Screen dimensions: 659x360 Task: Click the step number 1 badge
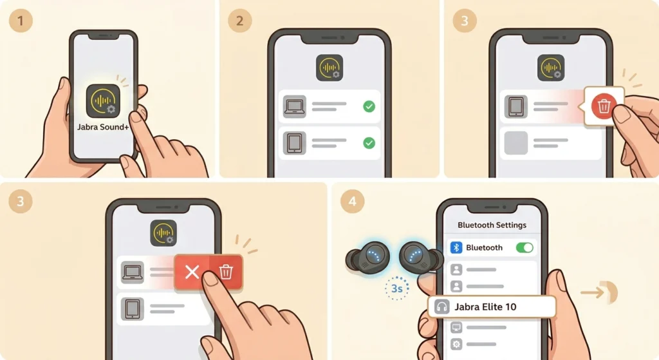pos(21,20)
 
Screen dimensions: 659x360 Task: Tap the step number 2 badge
pos(239,20)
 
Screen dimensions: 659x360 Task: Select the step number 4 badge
pos(352,201)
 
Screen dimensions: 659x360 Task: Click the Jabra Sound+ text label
pos(103,127)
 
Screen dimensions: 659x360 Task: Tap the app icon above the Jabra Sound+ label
pos(103,101)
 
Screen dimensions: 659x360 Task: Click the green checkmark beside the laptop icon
pos(369,106)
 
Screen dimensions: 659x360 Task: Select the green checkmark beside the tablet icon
pos(369,143)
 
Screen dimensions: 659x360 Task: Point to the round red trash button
pos(604,106)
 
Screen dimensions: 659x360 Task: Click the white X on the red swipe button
pos(192,272)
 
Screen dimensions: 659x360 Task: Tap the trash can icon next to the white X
pos(226,272)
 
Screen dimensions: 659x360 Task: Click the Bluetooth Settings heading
pos(492,225)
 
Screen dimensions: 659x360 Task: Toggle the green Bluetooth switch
pos(524,248)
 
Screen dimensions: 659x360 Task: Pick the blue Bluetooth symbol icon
pos(456,248)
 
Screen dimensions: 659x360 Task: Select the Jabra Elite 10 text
pos(485,307)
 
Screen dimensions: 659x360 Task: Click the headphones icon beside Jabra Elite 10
pos(441,307)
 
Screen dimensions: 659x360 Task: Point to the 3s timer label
pos(396,289)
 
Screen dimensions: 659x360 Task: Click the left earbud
pos(368,258)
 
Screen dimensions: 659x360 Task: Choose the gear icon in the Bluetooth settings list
pos(456,344)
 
